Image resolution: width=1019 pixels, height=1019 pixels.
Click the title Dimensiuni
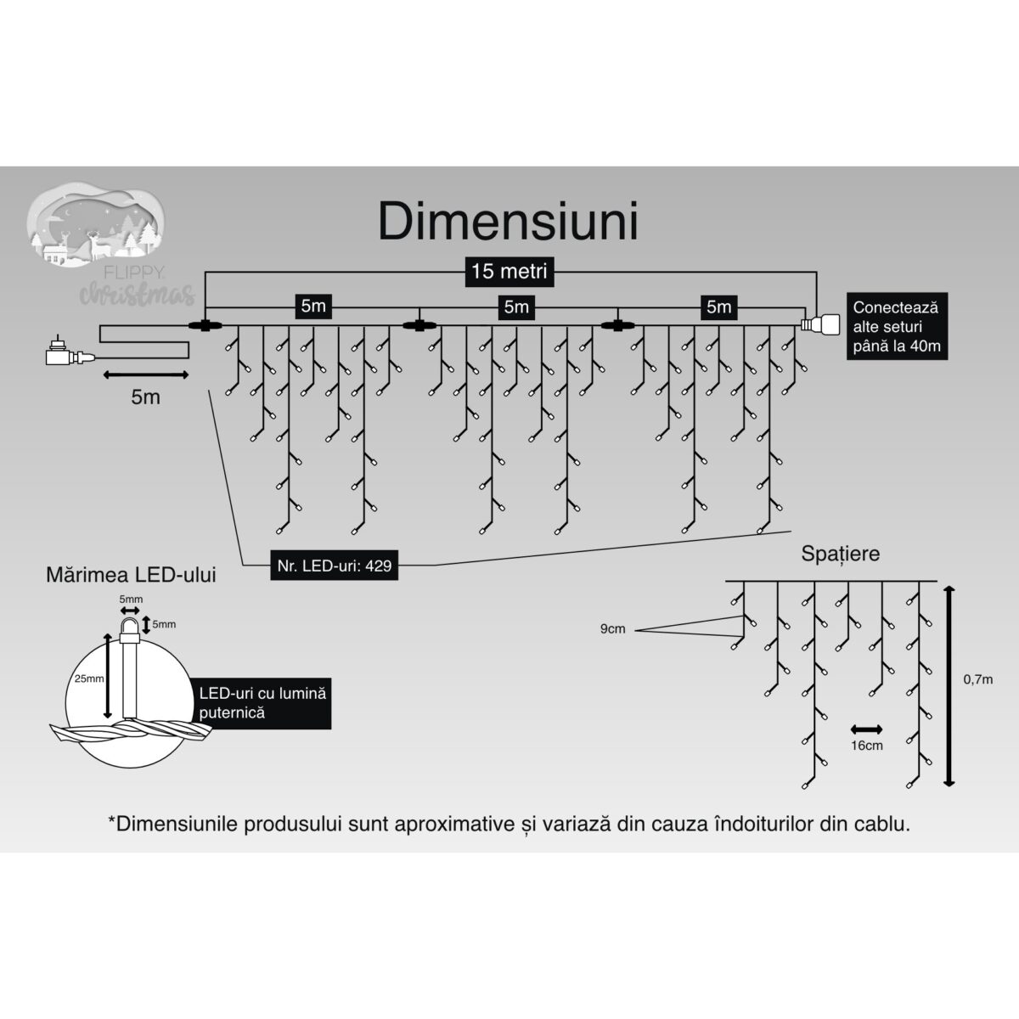point(508,222)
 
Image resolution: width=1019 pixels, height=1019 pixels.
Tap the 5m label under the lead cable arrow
point(145,397)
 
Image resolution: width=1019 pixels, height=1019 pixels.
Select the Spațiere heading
point(840,554)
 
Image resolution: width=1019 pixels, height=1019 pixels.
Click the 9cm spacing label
point(612,629)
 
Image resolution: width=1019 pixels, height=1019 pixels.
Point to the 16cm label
point(866,745)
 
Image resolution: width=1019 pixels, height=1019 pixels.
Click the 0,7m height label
point(979,678)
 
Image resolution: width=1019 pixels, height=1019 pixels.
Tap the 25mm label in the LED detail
point(87,678)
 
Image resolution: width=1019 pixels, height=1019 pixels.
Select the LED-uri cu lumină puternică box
point(262,702)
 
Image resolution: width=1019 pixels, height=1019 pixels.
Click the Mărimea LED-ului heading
point(131,575)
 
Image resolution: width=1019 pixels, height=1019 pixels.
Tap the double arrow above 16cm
point(866,729)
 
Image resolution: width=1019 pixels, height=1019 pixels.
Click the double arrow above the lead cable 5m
point(145,374)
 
